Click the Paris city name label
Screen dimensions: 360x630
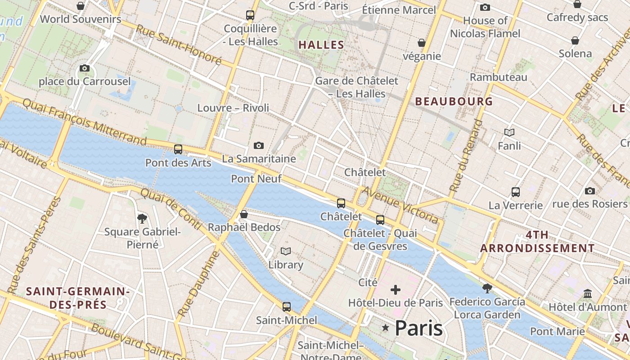(418, 328)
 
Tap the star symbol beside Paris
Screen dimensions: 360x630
(385, 328)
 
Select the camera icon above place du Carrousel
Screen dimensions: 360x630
(84, 68)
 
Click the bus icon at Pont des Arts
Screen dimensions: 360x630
(178, 149)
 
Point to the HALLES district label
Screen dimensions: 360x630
(321, 45)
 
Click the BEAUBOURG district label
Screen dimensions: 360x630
(454, 101)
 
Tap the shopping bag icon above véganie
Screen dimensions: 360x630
(422, 43)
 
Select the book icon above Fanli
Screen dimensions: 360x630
(509, 132)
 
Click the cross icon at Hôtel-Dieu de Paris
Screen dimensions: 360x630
(396, 289)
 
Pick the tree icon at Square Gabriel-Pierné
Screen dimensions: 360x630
(142, 219)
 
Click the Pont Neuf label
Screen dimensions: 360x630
(256, 179)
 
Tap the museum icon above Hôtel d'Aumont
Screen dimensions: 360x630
(587, 294)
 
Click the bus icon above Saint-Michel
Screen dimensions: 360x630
(287, 307)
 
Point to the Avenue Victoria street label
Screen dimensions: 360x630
(400, 205)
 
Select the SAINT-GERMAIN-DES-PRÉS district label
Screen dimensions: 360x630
(78, 298)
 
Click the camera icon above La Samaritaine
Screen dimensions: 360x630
(258, 145)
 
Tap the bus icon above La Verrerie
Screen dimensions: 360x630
(516, 192)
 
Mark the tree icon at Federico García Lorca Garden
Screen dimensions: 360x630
(486, 288)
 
